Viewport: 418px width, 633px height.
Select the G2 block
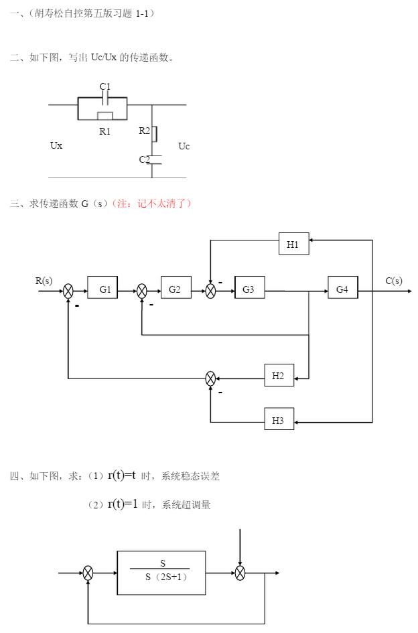(176, 289)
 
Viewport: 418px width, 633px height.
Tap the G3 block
(249, 289)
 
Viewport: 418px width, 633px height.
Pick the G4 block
(342, 289)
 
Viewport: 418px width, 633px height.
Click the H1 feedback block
(293, 244)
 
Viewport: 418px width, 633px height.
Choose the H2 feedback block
(279, 377)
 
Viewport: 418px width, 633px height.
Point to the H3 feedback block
(279, 421)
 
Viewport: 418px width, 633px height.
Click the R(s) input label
(44, 281)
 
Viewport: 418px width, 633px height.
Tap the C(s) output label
(394, 281)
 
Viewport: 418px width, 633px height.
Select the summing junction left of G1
(68, 291)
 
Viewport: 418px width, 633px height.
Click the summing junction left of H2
(210, 379)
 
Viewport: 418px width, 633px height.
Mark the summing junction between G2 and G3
(210, 291)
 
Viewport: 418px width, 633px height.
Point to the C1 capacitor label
(105, 86)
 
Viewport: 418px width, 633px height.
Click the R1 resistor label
(105, 131)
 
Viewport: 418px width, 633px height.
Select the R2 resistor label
(145, 131)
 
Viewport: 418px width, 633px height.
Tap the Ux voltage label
(56, 145)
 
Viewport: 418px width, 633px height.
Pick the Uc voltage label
(184, 145)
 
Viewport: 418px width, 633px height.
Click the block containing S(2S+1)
(161, 572)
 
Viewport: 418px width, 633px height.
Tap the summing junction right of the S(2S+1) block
(240, 573)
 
